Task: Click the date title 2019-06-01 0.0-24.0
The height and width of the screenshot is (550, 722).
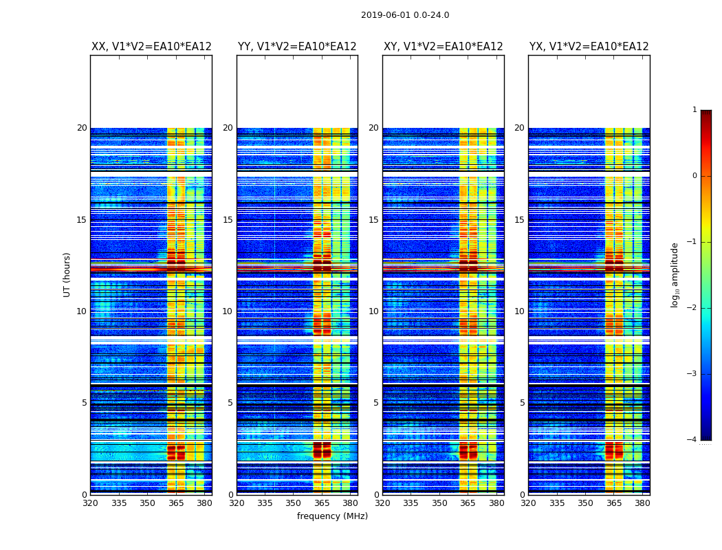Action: (405, 15)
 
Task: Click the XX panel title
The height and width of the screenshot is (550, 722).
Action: (151, 47)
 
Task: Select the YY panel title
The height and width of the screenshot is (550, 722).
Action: (297, 47)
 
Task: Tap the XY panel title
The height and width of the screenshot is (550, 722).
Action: (444, 47)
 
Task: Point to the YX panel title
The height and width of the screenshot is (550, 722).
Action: (589, 47)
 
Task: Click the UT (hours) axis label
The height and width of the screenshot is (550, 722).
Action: (67, 274)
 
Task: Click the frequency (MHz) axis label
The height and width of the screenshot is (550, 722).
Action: (332, 516)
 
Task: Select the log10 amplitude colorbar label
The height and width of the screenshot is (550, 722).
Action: (675, 274)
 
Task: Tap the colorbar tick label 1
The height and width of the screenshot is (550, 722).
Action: (694, 110)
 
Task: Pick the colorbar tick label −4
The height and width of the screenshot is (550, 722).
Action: (692, 440)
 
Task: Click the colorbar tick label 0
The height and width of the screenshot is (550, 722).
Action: (694, 176)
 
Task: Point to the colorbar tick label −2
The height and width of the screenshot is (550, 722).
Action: (692, 308)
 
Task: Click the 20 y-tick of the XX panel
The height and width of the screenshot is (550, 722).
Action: (82, 128)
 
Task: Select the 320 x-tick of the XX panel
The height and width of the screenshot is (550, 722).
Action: (90, 503)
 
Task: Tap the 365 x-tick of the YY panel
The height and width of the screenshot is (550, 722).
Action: (322, 503)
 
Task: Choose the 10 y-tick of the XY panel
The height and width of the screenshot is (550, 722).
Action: (373, 311)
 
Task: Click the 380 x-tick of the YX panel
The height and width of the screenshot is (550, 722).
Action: (642, 503)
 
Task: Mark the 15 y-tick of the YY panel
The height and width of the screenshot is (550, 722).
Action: (228, 220)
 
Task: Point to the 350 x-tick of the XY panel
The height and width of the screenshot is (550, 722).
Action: (439, 503)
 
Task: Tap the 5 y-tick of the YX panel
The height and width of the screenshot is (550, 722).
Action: (522, 403)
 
